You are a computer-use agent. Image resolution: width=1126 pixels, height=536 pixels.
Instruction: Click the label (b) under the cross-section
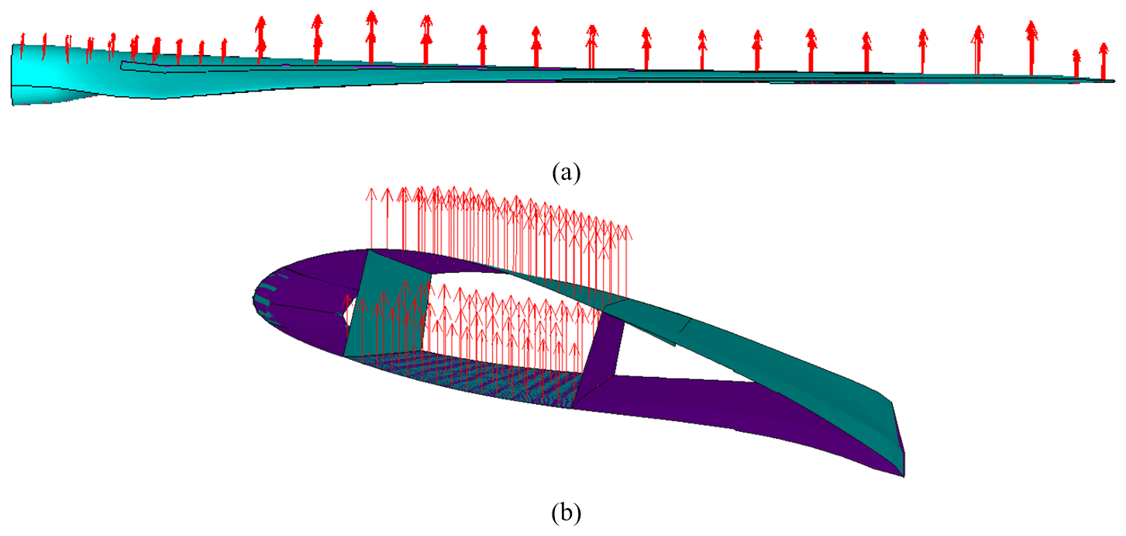[x=563, y=513]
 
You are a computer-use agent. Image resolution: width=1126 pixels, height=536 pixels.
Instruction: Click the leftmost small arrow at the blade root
[x=22, y=47]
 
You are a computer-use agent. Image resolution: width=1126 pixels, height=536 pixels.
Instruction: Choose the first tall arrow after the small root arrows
[x=261, y=39]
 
